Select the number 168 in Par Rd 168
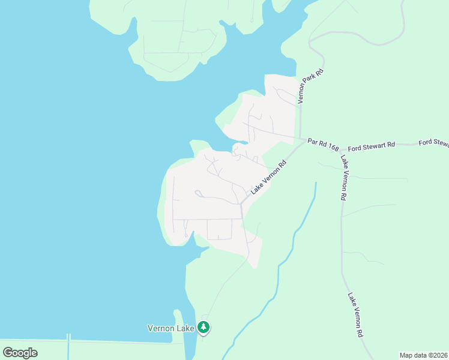point(333,146)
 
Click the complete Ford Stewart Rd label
point(372,145)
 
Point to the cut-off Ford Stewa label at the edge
point(433,143)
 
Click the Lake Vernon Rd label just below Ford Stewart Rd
point(344,178)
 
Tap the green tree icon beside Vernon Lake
point(204,328)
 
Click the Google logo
point(20,353)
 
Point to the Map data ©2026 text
point(424,355)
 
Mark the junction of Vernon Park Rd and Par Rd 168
point(300,139)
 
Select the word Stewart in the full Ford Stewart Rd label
point(374,145)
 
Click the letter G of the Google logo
point(8,352)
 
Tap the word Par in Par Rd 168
point(312,142)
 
